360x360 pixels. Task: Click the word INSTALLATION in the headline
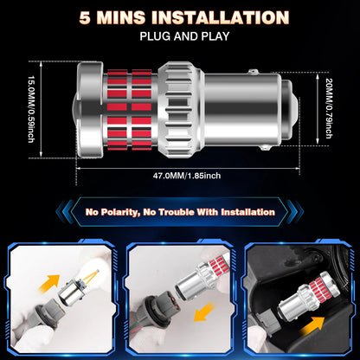220,17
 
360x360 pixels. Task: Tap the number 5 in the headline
85,18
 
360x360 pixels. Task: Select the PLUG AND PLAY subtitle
184,36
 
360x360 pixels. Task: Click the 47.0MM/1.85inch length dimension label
187,176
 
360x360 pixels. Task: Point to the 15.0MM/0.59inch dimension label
31,109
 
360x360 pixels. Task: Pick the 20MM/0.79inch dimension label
329,108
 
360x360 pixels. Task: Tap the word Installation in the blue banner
247,212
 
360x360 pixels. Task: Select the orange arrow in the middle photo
204,312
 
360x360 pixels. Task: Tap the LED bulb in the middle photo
202,274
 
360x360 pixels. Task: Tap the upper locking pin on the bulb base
253,71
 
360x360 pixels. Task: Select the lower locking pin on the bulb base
264,148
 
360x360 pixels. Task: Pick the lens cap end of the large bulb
88,110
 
